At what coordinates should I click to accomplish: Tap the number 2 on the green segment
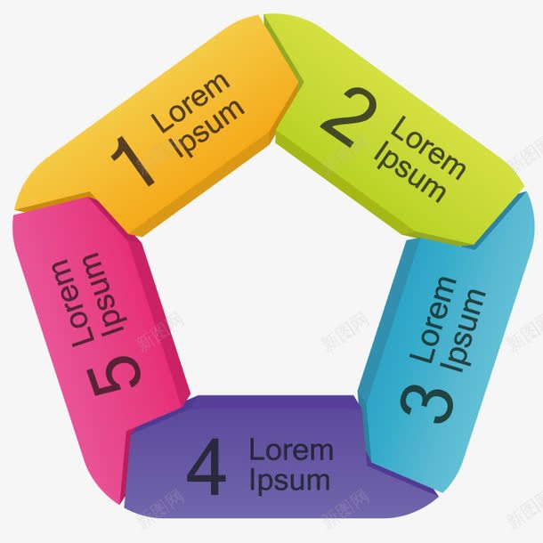pyautogui.click(x=346, y=119)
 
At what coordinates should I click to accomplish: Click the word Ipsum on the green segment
pyautogui.click(x=410, y=174)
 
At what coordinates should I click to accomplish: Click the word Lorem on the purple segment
pyautogui.click(x=290, y=450)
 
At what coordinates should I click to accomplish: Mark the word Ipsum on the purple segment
pyautogui.click(x=289, y=481)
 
